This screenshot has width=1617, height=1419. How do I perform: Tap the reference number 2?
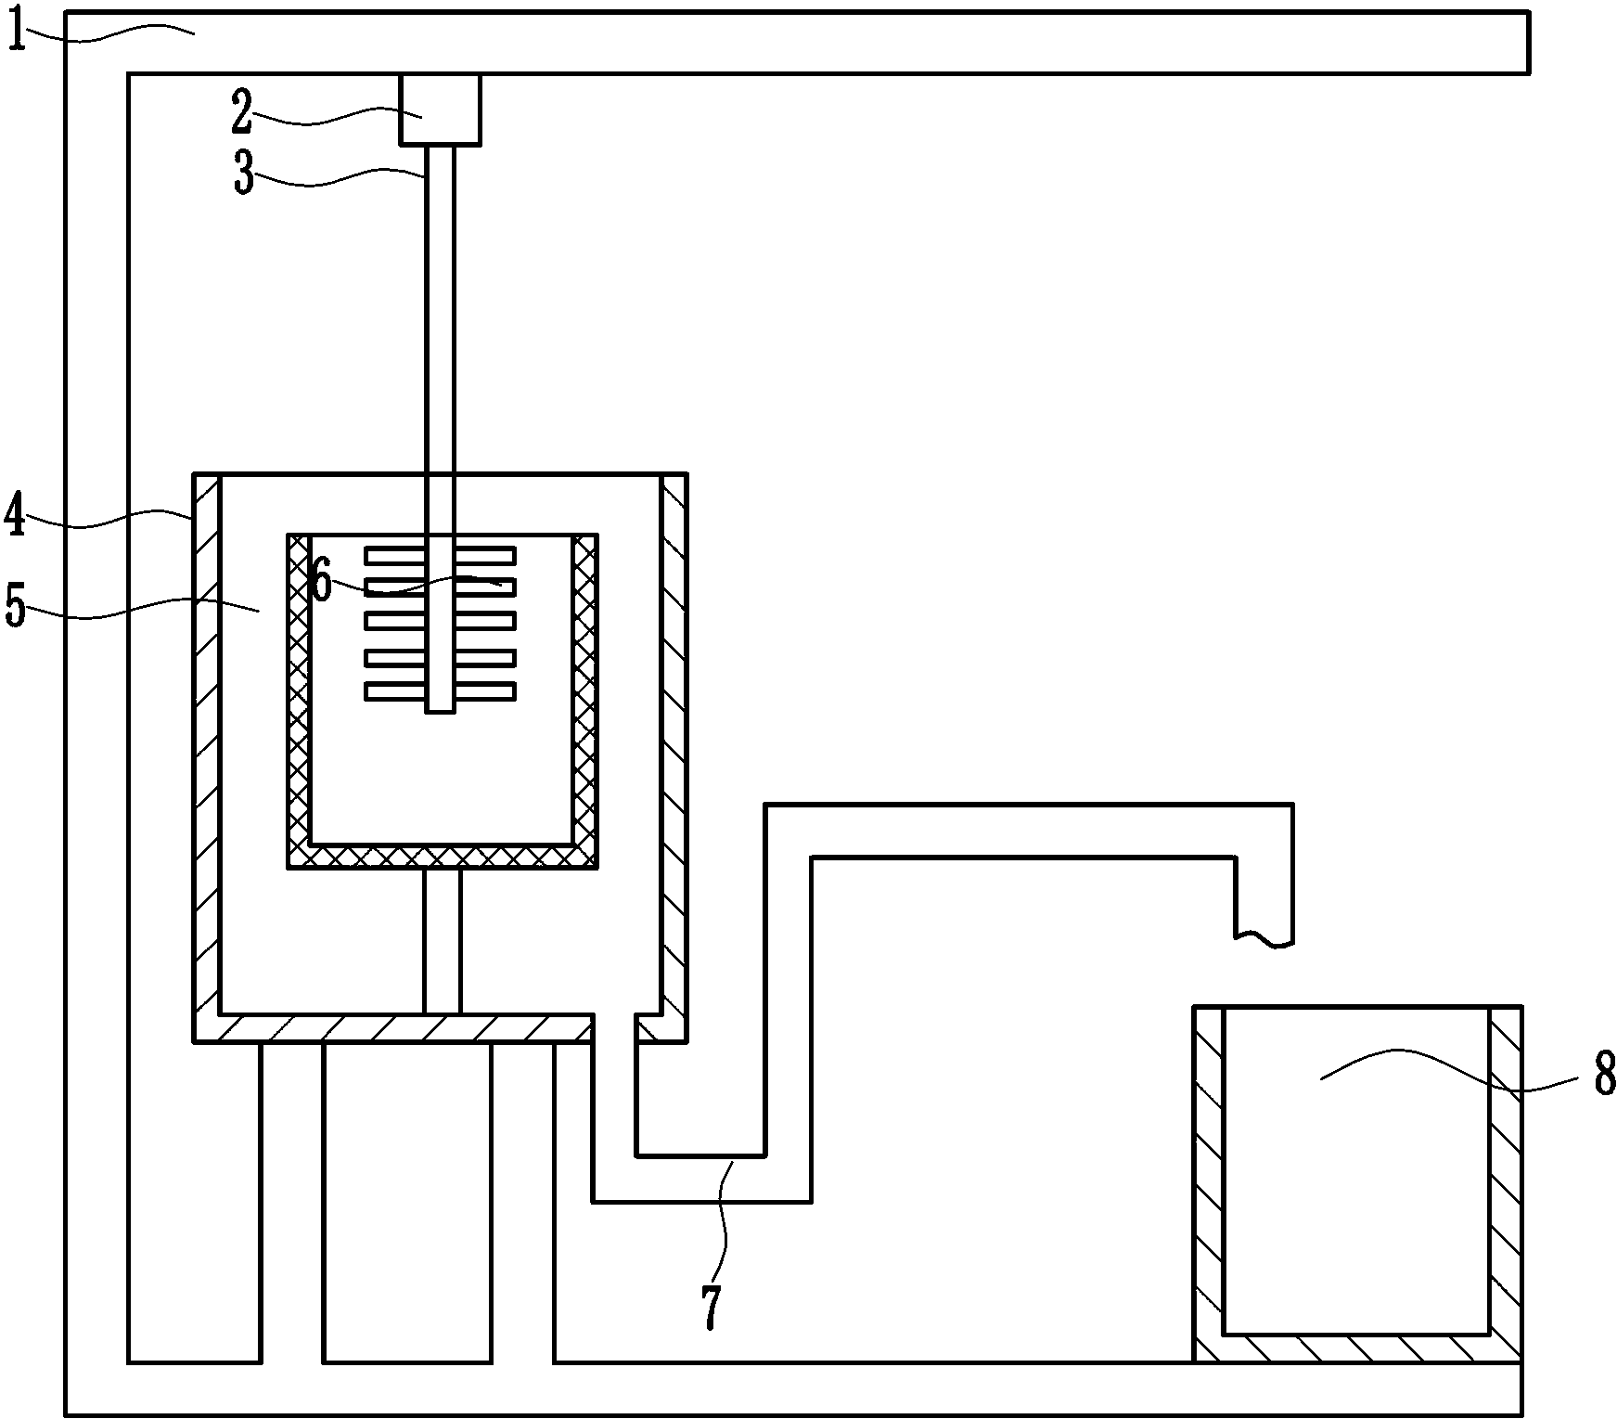pos(241,113)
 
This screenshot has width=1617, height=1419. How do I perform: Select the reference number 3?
pos(244,174)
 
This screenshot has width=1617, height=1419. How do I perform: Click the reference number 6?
pos(321,583)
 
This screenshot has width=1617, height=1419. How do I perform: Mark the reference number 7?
pos(710,1308)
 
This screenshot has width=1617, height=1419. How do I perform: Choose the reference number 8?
pos(1605,1076)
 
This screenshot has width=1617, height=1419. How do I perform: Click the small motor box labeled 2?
pos(440,110)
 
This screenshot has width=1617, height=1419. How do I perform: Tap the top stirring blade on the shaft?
pos(440,555)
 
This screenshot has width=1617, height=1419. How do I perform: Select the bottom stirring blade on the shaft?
pos(440,691)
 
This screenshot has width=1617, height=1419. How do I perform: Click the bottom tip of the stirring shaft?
pos(441,712)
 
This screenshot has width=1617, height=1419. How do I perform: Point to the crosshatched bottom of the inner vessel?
pos(442,857)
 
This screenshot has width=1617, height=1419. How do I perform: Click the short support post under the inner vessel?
pos(442,941)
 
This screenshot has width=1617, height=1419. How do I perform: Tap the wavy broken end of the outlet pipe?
pos(1264,939)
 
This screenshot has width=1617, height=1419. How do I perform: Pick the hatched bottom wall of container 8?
pos(1357,1348)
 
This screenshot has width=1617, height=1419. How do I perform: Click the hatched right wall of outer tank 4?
pos(674,757)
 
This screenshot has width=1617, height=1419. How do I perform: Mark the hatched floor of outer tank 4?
pos(393,1028)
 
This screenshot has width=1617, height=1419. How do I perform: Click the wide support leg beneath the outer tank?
pos(407,1203)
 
